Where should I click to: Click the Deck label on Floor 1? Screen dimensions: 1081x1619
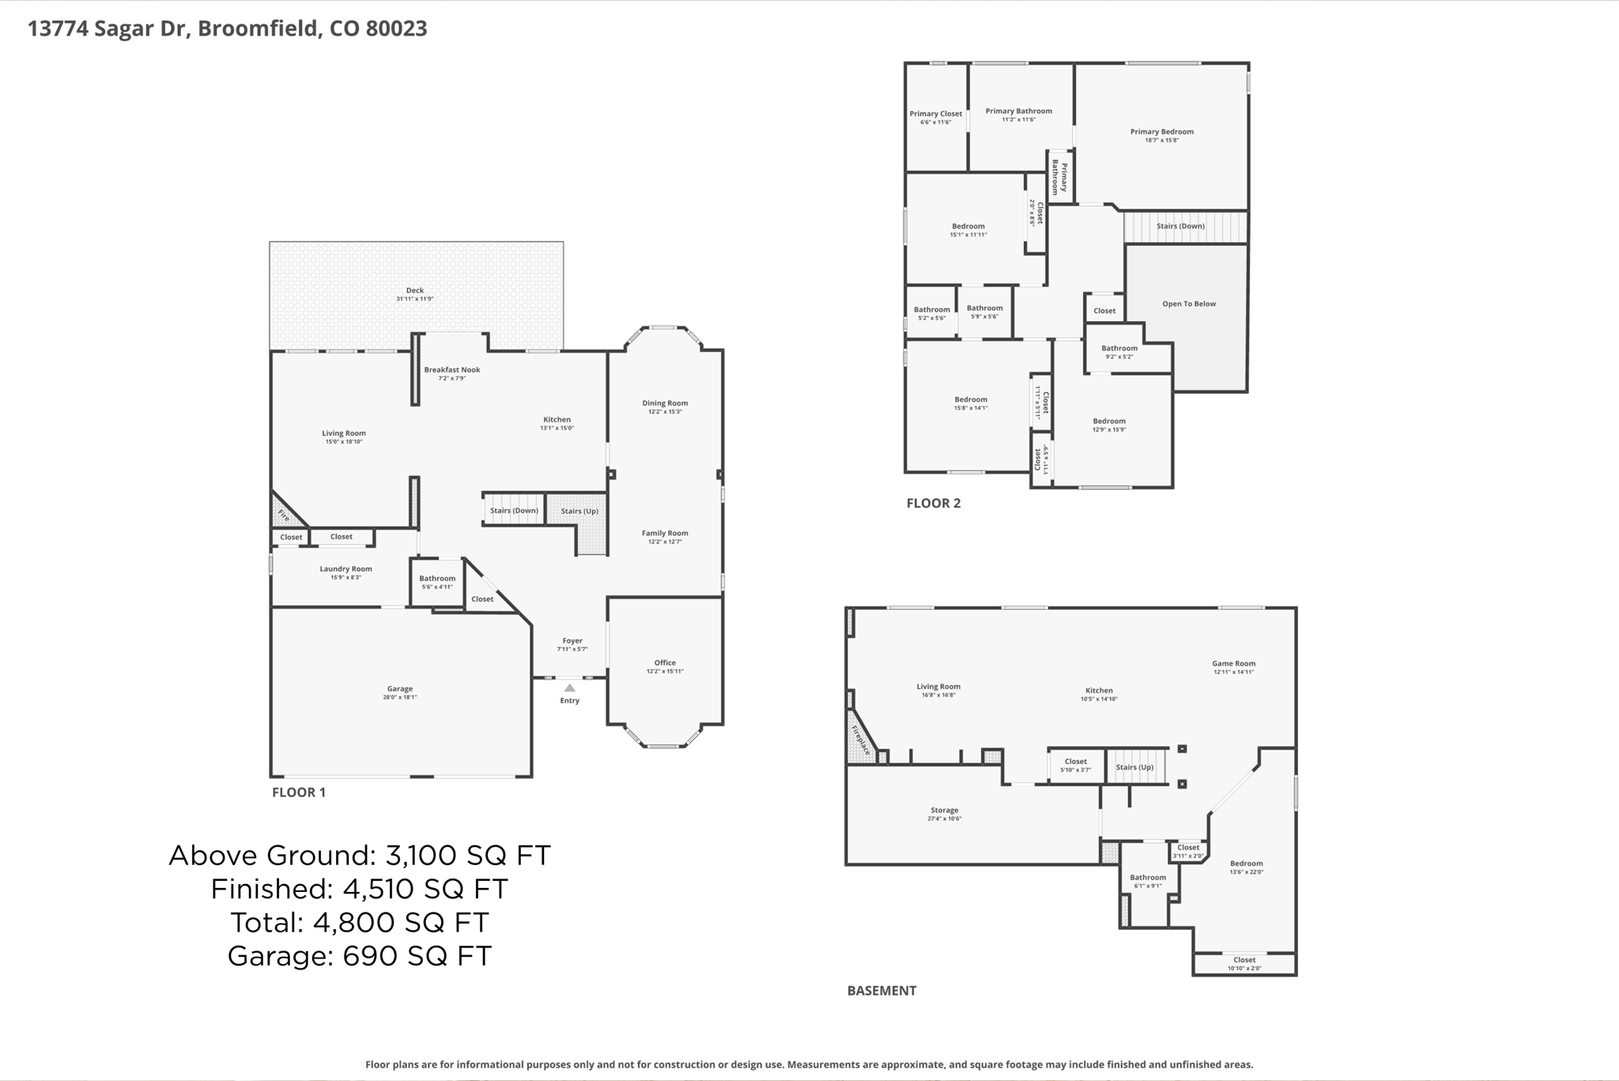click(x=415, y=290)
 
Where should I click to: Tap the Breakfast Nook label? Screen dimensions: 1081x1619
click(x=451, y=369)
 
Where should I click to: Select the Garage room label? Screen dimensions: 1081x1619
click(x=400, y=689)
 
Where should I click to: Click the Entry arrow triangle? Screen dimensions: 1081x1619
click(x=569, y=688)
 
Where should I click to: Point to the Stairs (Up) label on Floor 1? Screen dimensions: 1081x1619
click(x=579, y=511)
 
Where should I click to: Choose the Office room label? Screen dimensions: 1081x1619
click(x=665, y=663)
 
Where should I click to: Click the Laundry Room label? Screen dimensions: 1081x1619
click(x=345, y=569)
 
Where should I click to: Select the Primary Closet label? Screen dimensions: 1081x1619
click(x=935, y=114)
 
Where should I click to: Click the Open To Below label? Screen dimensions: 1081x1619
click(x=1188, y=304)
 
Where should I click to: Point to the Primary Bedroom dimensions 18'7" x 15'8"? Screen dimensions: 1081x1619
click(x=1161, y=141)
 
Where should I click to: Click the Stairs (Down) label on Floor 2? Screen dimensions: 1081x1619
click(x=1180, y=226)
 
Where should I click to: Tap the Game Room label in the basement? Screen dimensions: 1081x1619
click(x=1233, y=663)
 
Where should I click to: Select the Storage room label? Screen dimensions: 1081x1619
click(x=944, y=810)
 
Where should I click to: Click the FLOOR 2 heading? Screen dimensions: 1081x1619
click(x=933, y=503)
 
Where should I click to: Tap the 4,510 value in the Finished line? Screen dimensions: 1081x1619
click(x=378, y=889)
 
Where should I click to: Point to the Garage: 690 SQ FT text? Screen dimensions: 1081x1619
click(x=359, y=956)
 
